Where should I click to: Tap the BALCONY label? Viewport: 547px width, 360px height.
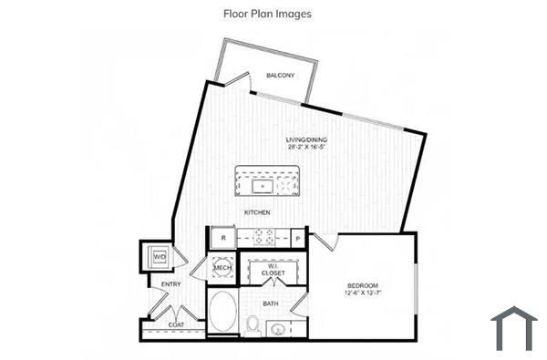click(x=279, y=75)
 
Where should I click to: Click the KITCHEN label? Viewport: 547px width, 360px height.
click(x=256, y=211)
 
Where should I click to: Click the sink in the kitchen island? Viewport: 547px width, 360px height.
click(x=263, y=186)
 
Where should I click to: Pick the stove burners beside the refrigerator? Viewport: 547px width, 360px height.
click(x=263, y=237)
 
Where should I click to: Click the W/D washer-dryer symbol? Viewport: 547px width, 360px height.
click(x=158, y=257)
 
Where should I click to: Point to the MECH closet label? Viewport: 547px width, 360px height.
click(x=222, y=268)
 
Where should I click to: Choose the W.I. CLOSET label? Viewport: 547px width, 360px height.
click(x=273, y=270)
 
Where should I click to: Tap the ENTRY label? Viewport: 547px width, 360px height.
click(x=170, y=284)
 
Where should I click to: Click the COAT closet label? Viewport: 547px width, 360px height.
click(x=176, y=323)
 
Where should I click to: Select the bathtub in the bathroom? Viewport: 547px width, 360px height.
click(x=222, y=314)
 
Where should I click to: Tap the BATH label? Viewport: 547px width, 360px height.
click(x=271, y=303)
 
